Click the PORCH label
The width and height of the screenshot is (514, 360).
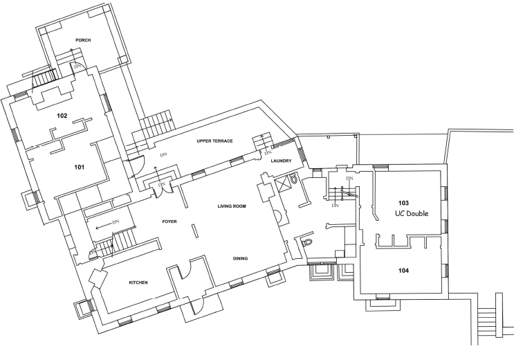tap(83, 40)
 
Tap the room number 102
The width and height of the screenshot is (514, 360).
tap(62, 116)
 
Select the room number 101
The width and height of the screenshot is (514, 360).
tap(80, 167)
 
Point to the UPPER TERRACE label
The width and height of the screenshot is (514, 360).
tap(214, 141)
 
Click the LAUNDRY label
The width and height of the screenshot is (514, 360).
tap(282, 161)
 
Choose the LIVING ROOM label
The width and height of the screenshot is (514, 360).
tap(232, 206)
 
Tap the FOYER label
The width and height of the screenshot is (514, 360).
tap(169, 222)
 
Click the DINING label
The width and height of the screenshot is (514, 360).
tap(240, 258)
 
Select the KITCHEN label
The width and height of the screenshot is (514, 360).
tap(138, 282)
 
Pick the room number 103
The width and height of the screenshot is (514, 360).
tap(403, 202)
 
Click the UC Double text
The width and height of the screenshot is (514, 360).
tap(412, 213)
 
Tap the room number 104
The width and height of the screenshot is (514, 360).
tap(403, 271)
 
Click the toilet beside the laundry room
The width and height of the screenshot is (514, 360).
tap(293, 179)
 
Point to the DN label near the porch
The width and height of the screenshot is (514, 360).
tap(77, 66)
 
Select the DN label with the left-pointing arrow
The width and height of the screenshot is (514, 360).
tap(116, 222)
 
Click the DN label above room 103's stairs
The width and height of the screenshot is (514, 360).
tap(350, 178)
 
